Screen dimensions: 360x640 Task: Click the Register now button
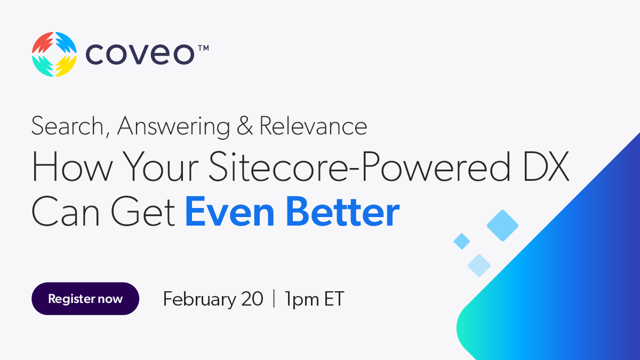point(85,299)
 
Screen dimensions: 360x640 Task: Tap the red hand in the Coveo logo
point(43,43)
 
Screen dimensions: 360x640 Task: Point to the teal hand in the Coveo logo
point(43,66)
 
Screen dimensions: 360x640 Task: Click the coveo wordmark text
point(140,54)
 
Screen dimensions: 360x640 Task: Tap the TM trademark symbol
point(203,48)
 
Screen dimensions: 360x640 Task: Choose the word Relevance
point(313,126)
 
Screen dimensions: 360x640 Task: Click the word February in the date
point(198,299)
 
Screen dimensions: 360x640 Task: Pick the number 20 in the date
point(251,299)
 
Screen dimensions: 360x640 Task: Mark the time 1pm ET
point(314,299)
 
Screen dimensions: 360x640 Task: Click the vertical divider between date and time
point(274,299)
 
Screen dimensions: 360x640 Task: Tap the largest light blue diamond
point(502,226)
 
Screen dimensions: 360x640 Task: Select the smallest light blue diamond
point(461,242)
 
